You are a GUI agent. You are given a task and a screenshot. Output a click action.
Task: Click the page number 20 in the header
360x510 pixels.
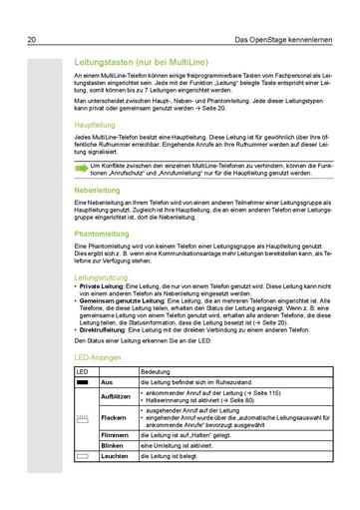point(32,13)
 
